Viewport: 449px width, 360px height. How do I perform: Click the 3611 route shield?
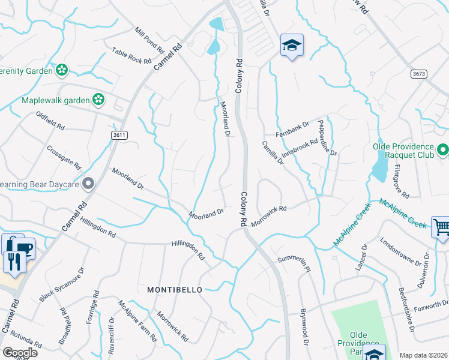(x=119, y=136)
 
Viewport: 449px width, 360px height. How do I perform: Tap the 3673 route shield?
(x=419, y=74)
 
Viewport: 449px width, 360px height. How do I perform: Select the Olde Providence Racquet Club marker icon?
(x=443, y=149)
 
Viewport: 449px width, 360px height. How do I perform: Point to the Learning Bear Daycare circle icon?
(x=88, y=183)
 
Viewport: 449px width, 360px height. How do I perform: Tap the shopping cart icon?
(x=441, y=227)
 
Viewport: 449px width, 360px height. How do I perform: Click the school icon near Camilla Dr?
(x=292, y=45)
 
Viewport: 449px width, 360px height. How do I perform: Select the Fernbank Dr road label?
(x=292, y=129)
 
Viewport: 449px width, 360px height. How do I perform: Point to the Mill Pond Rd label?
(x=149, y=39)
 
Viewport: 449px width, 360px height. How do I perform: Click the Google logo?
(x=20, y=353)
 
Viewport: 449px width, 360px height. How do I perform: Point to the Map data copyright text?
(x=423, y=355)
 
